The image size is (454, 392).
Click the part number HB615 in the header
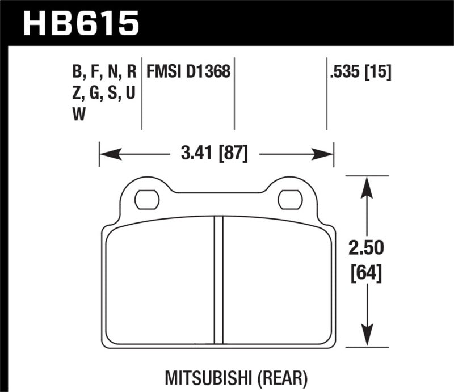click(x=80, y=24)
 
